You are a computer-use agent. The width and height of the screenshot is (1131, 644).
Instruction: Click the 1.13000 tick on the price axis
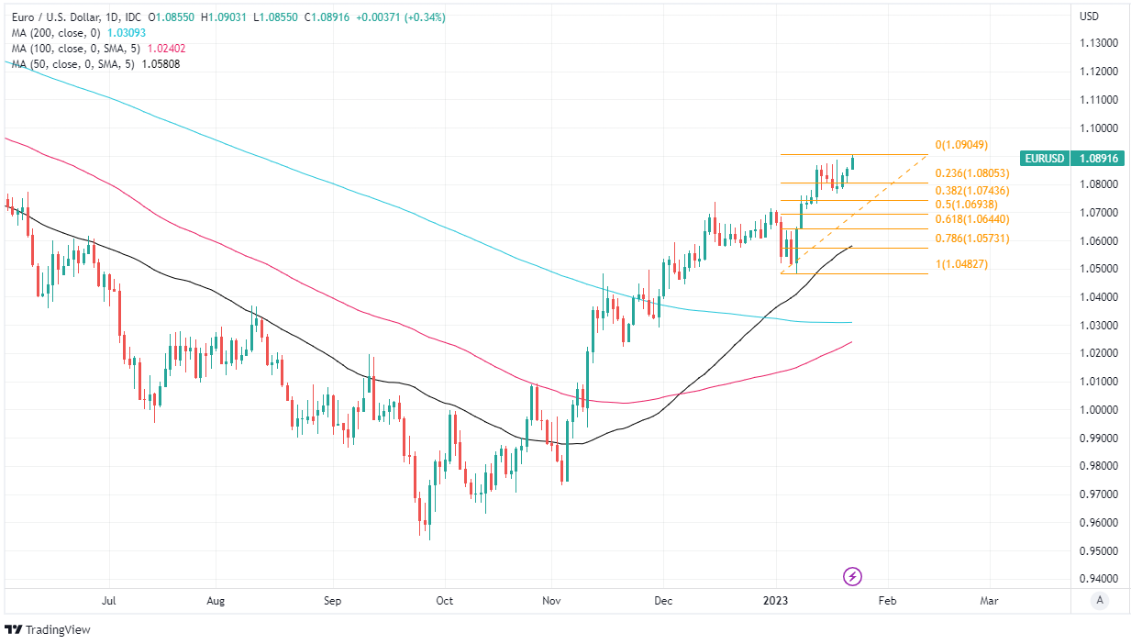[x=1099, y=43]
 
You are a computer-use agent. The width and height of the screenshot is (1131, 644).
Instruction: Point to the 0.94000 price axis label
[x=1099, y=580]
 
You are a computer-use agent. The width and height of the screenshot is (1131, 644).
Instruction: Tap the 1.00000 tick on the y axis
[x=1099, y=410]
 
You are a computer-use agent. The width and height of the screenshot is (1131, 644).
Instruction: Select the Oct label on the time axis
[x=444, y=602]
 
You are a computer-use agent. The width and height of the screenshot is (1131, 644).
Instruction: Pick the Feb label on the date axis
[x=886, y=602]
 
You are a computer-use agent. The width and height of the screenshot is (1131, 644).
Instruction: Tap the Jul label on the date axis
[x=108, y=602]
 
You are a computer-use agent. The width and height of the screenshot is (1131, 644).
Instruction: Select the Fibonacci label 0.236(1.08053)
[x=972, y=173]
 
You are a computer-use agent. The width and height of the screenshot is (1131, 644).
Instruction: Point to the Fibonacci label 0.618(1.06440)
[x=972, y=219]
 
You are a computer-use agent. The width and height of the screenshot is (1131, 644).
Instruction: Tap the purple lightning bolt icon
[x=853, y=576]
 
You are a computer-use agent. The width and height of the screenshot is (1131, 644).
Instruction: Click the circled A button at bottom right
[x=1099, y=601]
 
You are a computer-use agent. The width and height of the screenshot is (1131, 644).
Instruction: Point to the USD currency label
[x=1090, y=17]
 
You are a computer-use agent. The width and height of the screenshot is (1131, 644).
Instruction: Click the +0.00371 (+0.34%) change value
[x=401, y=17]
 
